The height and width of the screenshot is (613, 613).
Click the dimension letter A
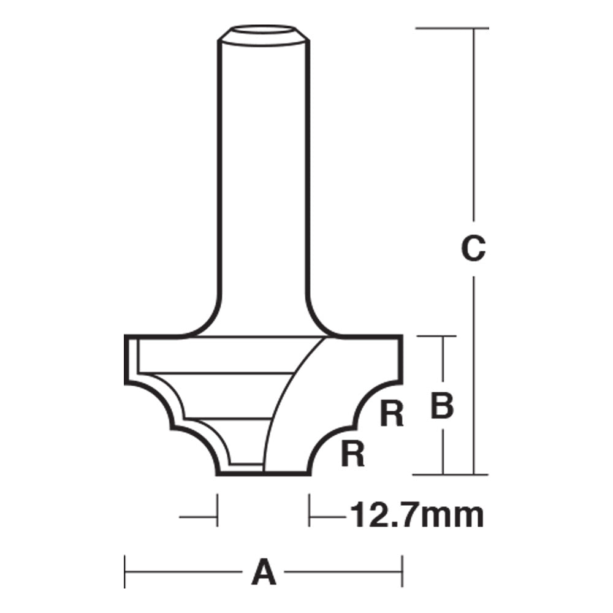(262, 574)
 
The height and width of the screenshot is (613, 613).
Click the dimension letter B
(442, 406)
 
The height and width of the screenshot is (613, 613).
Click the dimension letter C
(473, 249)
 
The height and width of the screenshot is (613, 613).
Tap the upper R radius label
(392, 414)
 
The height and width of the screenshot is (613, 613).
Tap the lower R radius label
(353, 454)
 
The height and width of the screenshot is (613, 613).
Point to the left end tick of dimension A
(125, 573)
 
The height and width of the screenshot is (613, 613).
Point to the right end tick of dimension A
(402, 573)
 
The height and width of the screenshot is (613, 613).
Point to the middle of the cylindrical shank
(264, 178)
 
